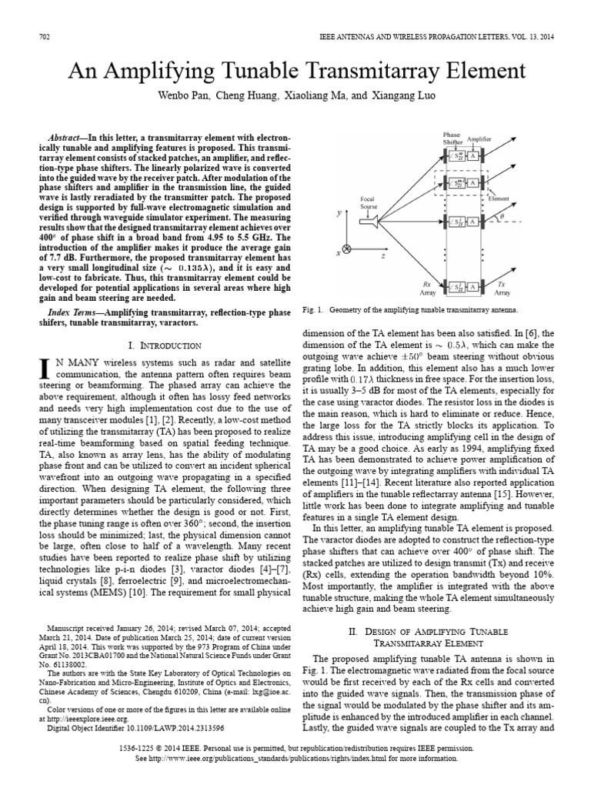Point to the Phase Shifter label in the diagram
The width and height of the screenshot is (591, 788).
452,138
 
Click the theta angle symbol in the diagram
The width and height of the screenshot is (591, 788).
525,218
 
